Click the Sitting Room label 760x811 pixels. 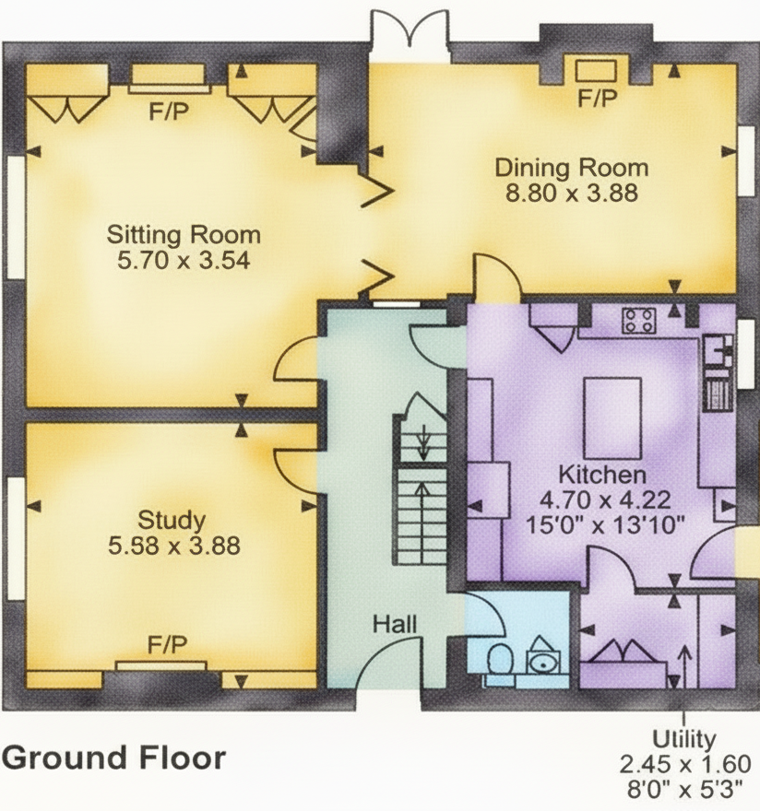click(x=184, y=235)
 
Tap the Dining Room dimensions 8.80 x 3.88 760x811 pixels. click(x=572, y=193)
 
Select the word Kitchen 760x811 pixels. click(x=602, y=475)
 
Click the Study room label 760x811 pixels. click(x=172, y=521)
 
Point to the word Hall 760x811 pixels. click(x=395, y=624)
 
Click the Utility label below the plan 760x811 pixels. click(x=683, y=740)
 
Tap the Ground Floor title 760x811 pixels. click(x=113, y=758)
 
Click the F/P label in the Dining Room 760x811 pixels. click(x=598, y=98)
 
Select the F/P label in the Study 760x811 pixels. click(x=167, y=645)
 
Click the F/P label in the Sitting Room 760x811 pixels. click(x=169, y=112)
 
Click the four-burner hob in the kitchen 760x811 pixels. click(x=639, y=321)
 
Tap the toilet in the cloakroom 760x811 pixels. click(x=500, y=660)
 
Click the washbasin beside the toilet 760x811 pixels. click(x=542, y=658)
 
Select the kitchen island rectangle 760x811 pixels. click(x=612, y=417)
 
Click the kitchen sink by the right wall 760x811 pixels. click(x=718, y=349)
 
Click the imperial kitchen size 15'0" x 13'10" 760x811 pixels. click(x=605, y=525)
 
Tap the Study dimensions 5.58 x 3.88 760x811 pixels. click(x=174, y=546)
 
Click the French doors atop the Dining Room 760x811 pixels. click(x=410, y=36)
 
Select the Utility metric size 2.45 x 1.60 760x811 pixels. click(x=685, y=764)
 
